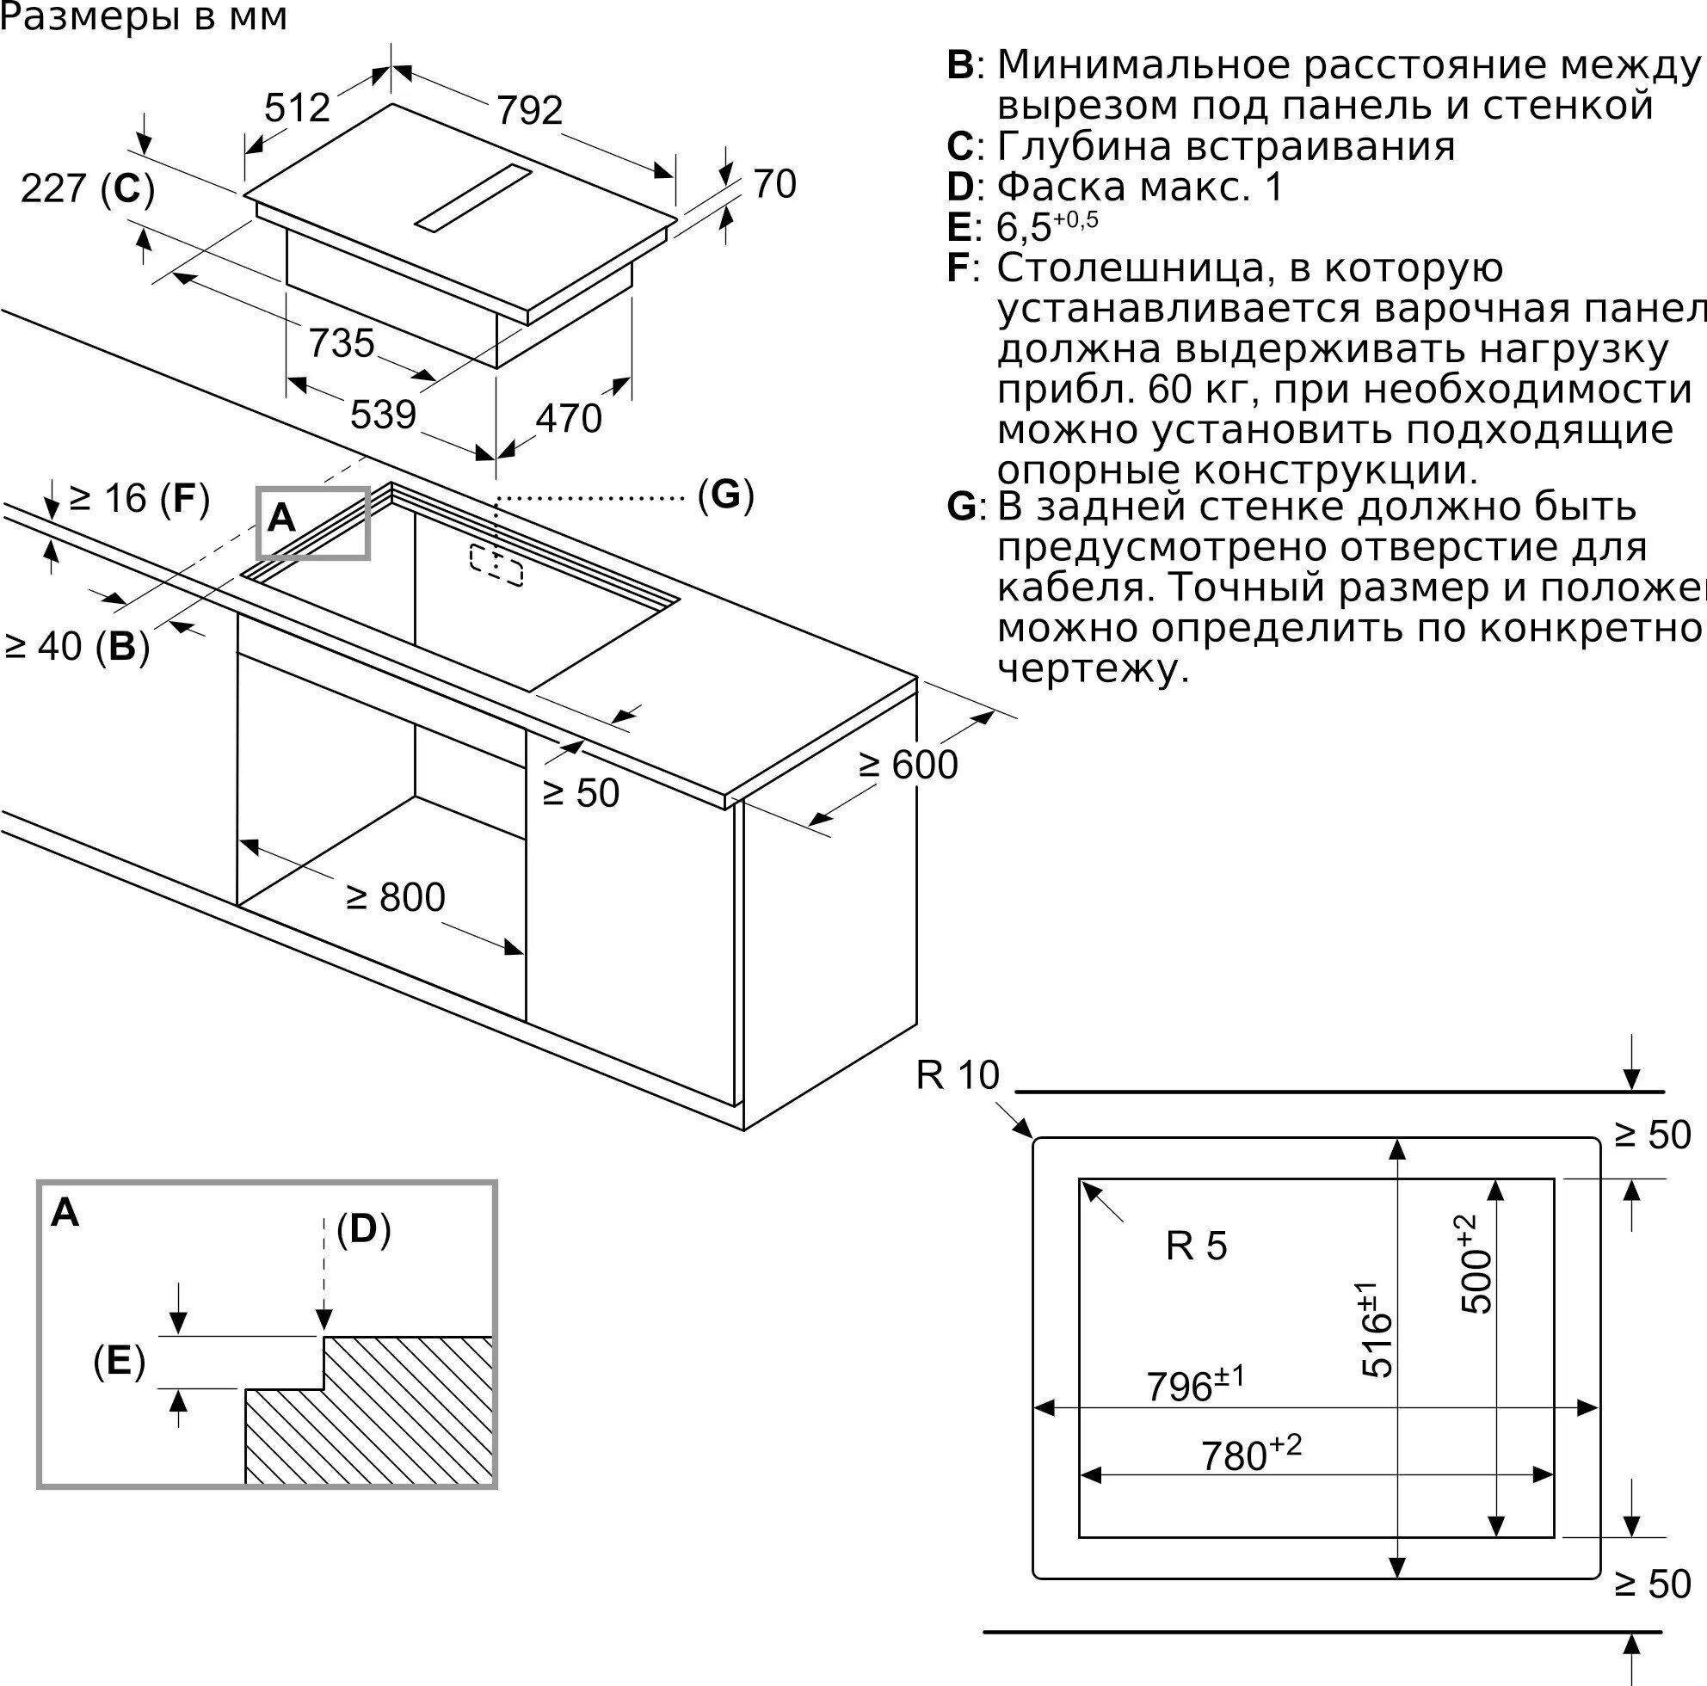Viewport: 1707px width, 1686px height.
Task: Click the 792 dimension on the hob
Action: coord(529,110)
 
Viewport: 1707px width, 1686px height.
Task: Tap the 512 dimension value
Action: coord(297,108)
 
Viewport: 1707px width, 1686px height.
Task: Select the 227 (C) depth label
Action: coord(88,189)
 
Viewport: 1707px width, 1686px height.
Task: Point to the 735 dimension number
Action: coord(341,342)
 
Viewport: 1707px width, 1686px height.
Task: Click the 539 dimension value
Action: coord(383,415)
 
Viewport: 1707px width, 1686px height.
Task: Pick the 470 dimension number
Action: coord(569,419)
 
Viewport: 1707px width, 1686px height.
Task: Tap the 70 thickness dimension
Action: coord(775,185)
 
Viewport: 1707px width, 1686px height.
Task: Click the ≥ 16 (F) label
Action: coord(139,499)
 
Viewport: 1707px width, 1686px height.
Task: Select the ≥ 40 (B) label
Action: coord(77,647)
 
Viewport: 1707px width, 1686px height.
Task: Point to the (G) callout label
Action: coord(725,495)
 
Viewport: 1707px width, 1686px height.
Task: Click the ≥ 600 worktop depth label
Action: coord(909,765)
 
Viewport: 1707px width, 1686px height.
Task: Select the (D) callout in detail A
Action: coord(363,1228)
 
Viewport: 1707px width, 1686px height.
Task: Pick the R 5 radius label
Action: coord(1196,1246)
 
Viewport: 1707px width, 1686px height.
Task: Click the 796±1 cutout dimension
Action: coord(1194,1384)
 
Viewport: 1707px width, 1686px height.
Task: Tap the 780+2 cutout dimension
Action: coord(1250,1453)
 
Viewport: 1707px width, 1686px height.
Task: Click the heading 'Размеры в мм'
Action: coord(144,17)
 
